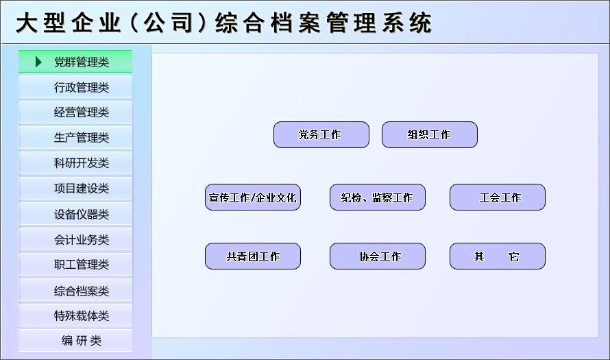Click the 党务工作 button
[321, 134]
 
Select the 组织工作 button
[430, 134]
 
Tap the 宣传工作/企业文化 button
[253, 197]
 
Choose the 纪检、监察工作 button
[378, 197]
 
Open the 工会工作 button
[498, 197]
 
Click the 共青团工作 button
[253, 256]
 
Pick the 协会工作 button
[378, 256]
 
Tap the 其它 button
[498, 256]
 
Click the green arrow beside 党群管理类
[38, 62]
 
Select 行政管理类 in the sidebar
[75, 87]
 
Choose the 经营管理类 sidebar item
[75, 112]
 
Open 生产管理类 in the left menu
[75, 137]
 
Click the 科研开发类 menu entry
[75, 163]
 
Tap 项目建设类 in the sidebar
[75, 189]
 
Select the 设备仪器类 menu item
[75, 214]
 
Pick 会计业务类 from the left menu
[75, 239]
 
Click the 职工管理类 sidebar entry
[75, 265]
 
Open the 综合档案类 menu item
[75, 290]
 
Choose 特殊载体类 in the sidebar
[75, 315]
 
